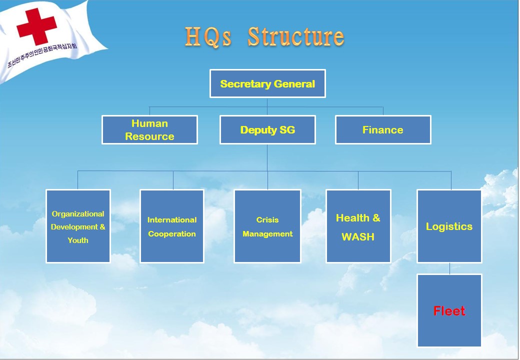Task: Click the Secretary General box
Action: point(267,83)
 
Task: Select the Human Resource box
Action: point(149,129)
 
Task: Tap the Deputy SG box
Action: point(267,129)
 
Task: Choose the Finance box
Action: point(383,129)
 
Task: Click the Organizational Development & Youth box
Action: point(78,226)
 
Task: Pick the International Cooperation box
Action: point(172,226)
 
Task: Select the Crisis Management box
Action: point(267,226)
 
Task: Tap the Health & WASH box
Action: point(358,226)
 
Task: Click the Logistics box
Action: point(449,226)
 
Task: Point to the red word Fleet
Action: point(449,311)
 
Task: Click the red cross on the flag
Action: point(36,26)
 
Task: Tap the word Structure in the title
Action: point(296,36)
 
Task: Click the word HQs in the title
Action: point(208,36)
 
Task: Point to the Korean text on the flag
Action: point(42,54)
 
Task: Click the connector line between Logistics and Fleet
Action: point(449,268)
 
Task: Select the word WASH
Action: point(358,236)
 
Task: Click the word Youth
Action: point(78,240)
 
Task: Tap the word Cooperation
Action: point(172,234)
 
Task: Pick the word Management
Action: point(267,234)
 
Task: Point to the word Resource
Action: point(149,136)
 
